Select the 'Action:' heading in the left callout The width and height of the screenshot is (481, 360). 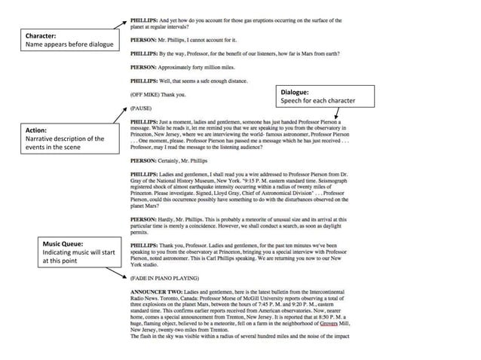point(38,130)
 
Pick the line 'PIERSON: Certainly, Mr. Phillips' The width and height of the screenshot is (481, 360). point(179,160)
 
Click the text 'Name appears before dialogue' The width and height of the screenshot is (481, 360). point(69,45)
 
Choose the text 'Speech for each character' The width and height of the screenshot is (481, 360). point(317,100)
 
